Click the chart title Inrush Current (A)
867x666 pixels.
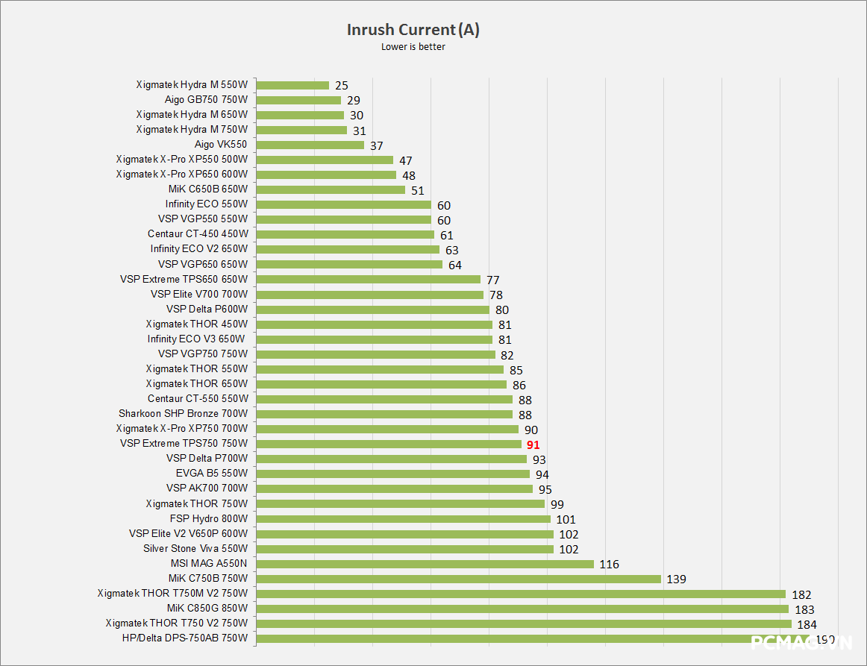[413, 30]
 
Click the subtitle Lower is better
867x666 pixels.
[413, 48]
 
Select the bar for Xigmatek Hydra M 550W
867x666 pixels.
[292, 85]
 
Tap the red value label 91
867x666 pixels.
[533, 444]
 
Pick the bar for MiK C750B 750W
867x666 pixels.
[458, 579]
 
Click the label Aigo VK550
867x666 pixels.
[221, 145]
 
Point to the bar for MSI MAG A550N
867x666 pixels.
[425, 564]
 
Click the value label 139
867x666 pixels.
[676, 579]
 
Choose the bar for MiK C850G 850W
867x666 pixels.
[522, 609]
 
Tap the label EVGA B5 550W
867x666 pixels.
[212, 474]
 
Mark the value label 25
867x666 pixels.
[341, 86]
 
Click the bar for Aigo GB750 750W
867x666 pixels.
[298, 100]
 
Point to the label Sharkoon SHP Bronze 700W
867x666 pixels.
[183, 414]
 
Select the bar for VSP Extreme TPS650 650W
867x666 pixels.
[369, 280]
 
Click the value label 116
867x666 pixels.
[609, 565]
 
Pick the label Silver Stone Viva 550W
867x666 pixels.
[195, 548]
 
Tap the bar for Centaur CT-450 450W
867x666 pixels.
[345, 234]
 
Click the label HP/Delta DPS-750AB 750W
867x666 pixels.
[185, 638]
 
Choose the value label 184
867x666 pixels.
[807, 624]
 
